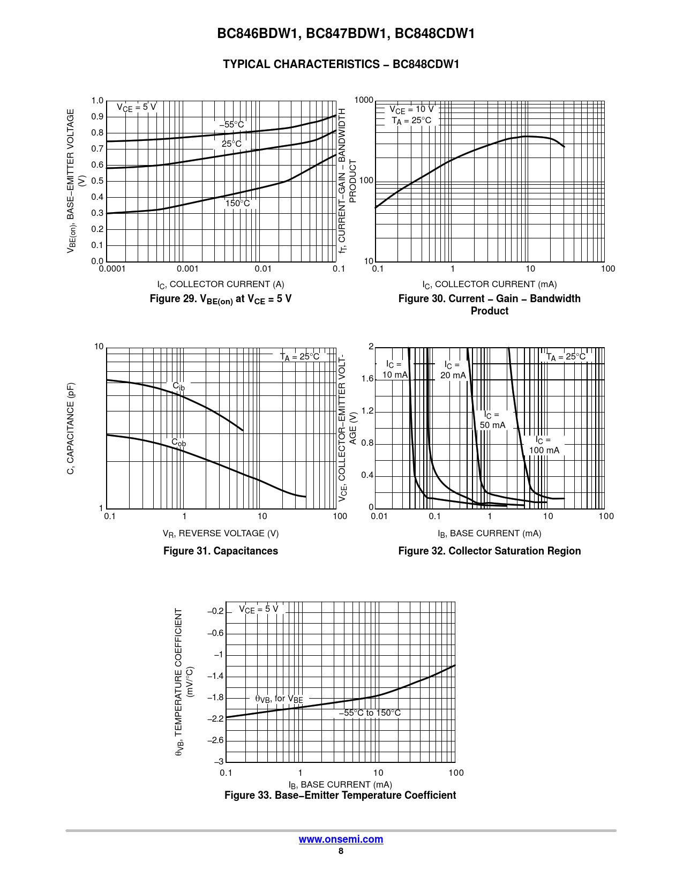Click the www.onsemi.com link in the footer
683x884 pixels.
coord(341,839)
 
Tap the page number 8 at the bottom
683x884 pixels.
coord(341,851)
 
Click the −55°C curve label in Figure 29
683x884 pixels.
coord(231,125)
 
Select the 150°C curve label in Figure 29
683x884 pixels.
coord(237,204)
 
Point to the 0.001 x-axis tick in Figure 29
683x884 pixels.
coord(187,269)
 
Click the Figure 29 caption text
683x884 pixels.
coord(221,299)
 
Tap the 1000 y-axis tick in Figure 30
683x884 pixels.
coord(364,100)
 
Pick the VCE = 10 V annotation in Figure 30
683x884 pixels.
coord(411,109)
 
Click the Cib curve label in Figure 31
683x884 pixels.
coord(178,386)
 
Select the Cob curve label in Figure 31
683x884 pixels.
coord(178,443)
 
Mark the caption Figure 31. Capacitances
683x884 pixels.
coord(221,551)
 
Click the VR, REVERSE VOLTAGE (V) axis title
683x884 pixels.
coord(221,533)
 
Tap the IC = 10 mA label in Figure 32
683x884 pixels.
coord(395,370)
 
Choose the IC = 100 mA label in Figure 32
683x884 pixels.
coord(544,445)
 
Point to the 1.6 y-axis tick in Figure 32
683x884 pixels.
coord(367,379)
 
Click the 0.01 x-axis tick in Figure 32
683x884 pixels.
coord(379,516)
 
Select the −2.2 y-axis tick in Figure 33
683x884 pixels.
coord(215,718)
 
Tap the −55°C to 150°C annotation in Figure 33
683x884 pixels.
coord(370,713)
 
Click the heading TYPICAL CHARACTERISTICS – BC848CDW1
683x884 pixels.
coord(341,64)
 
